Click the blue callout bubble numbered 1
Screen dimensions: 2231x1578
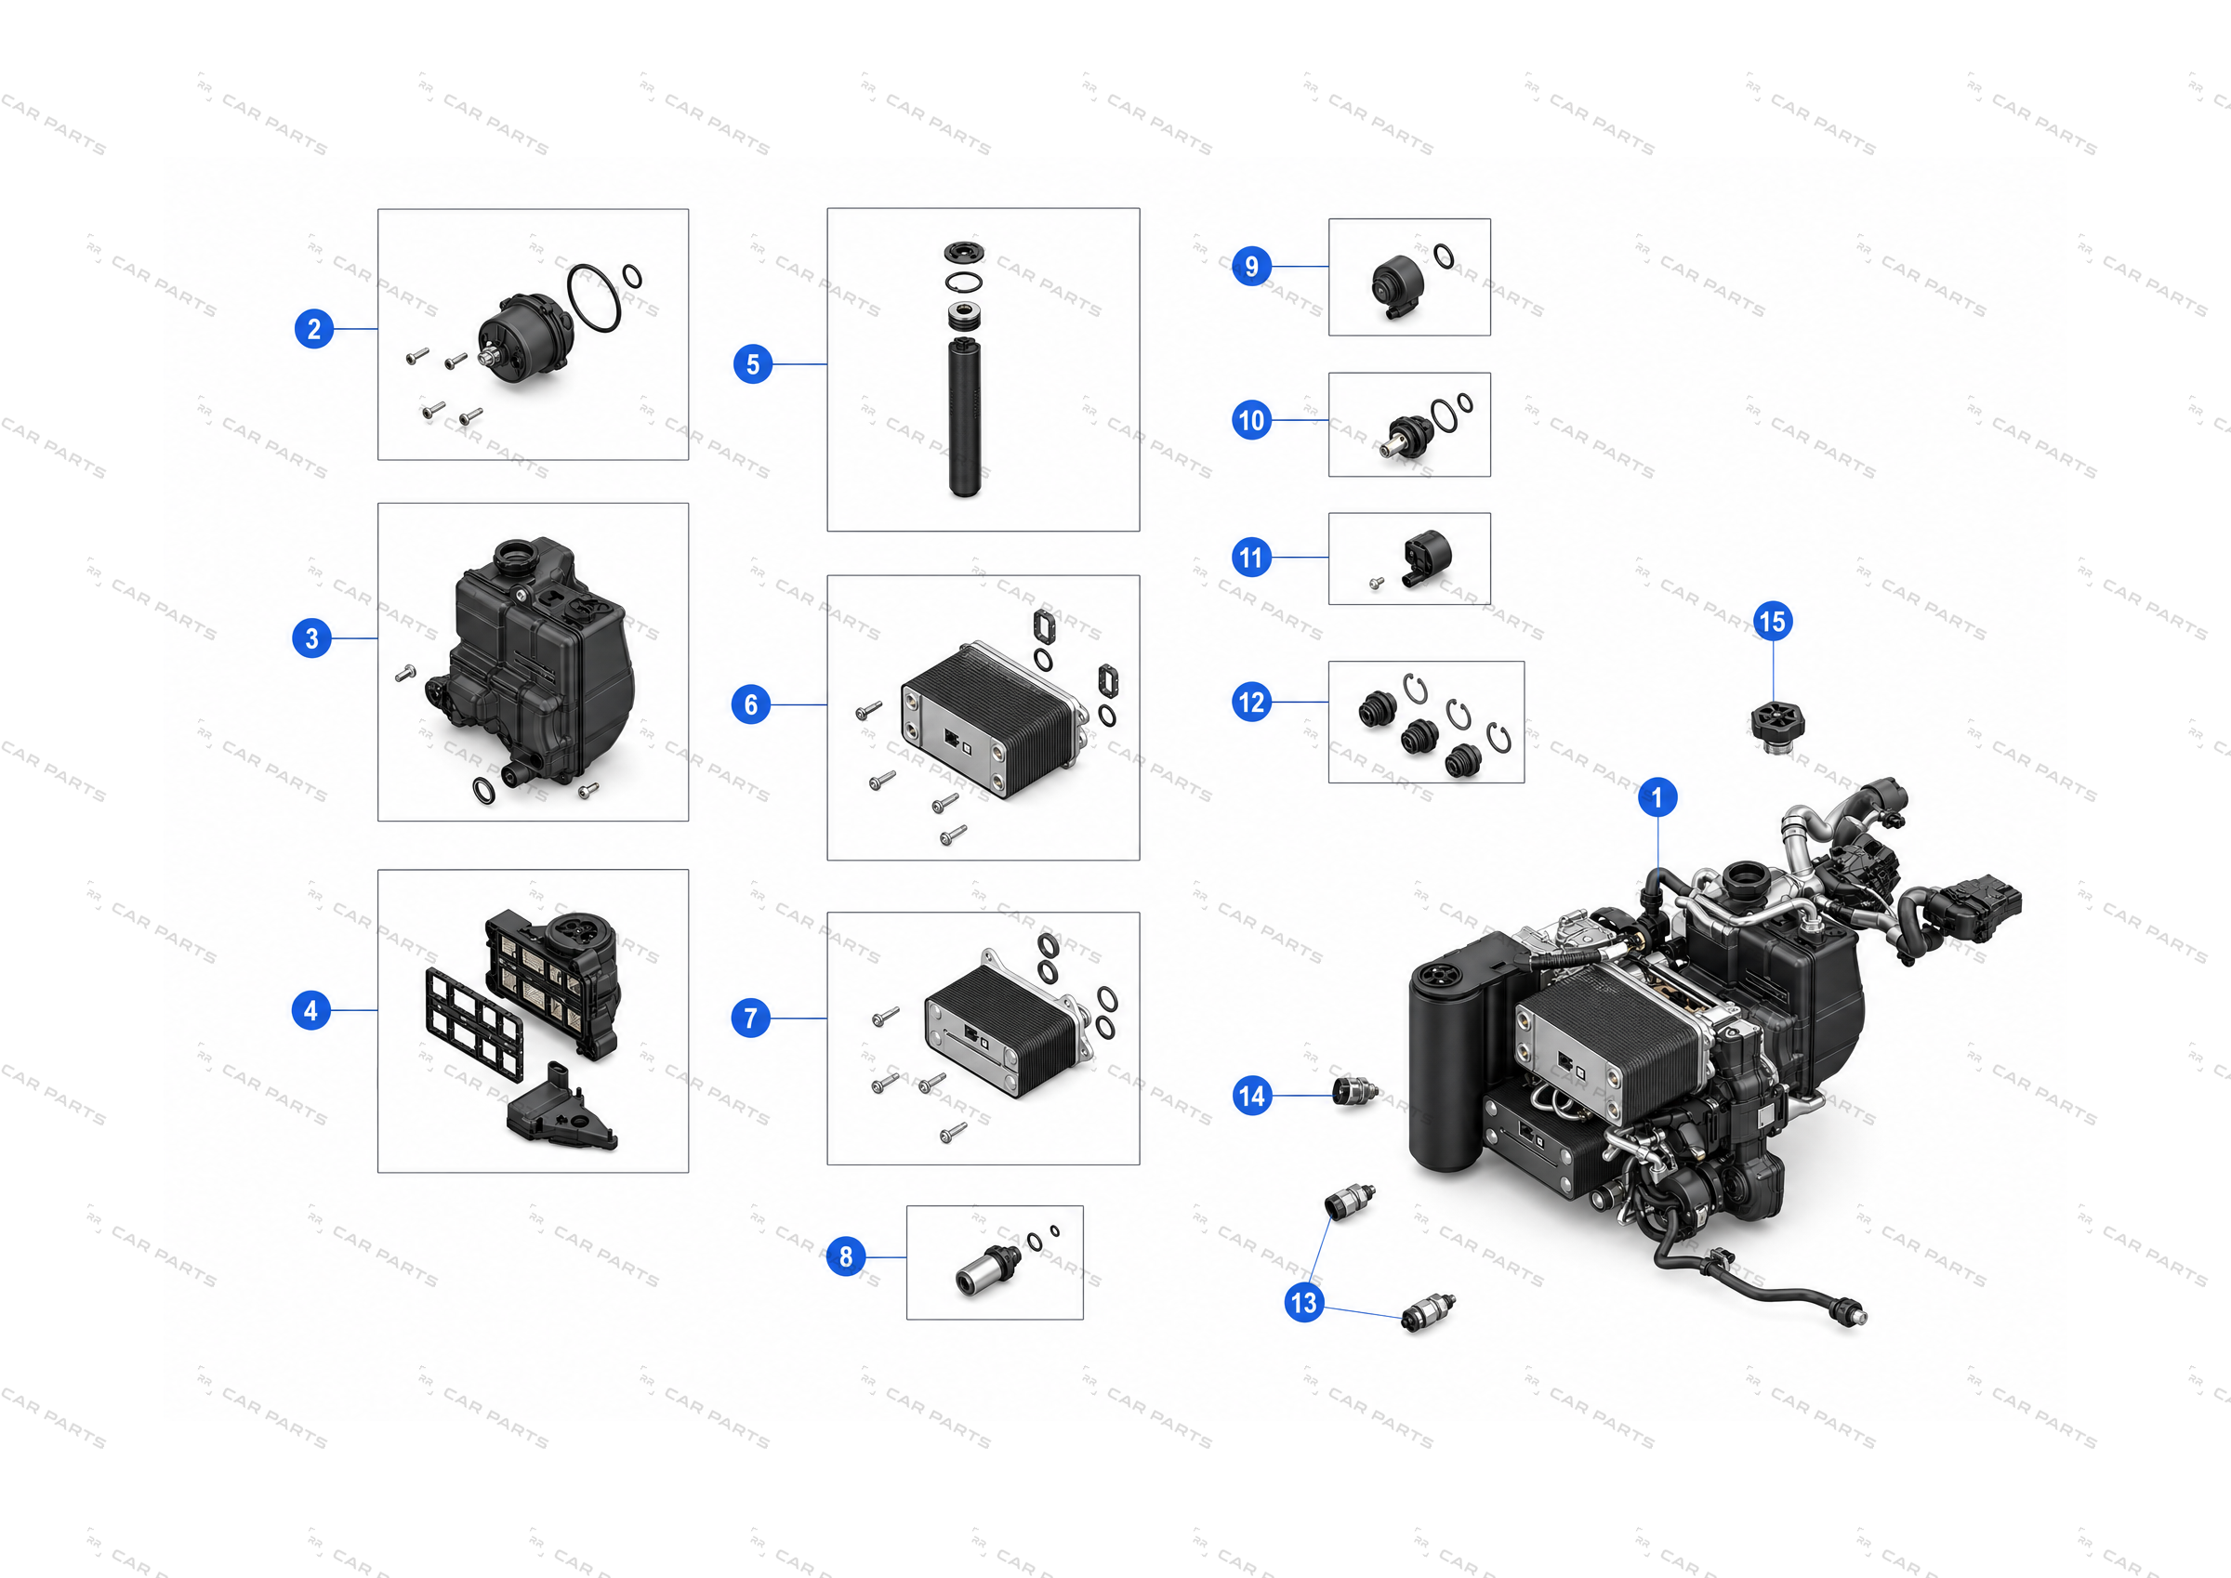pyautogui.click(x=1657, y=797)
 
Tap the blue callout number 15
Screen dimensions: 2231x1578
pyautogui.click(x=1773, y=622)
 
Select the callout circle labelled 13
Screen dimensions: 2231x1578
pyautogui.click(x=1303, y=1302)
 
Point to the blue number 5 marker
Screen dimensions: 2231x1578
pyautogui.click(x=752, y=364)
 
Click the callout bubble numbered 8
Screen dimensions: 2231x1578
pyautogui.click(x=845, y=1256)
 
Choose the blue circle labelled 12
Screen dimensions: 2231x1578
pyautogui.click(x=1251, y=702)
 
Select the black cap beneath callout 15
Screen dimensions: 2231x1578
pyautogui.click(x=1777, y=726)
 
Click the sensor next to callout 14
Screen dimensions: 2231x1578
pyautogui.click(x=1354, y=1092)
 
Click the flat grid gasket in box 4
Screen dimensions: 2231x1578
pyautogui.click(x=473, y=1024)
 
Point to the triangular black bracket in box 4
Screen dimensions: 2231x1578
pyautogui.click(x=561, y=1109)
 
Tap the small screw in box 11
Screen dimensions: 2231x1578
pyautogui.click(x=1376, y=584)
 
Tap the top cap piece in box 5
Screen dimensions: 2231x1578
pyautogui.click(x=963, y=253)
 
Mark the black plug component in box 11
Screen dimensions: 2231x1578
pyautogui.click(x=1425, y=558)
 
